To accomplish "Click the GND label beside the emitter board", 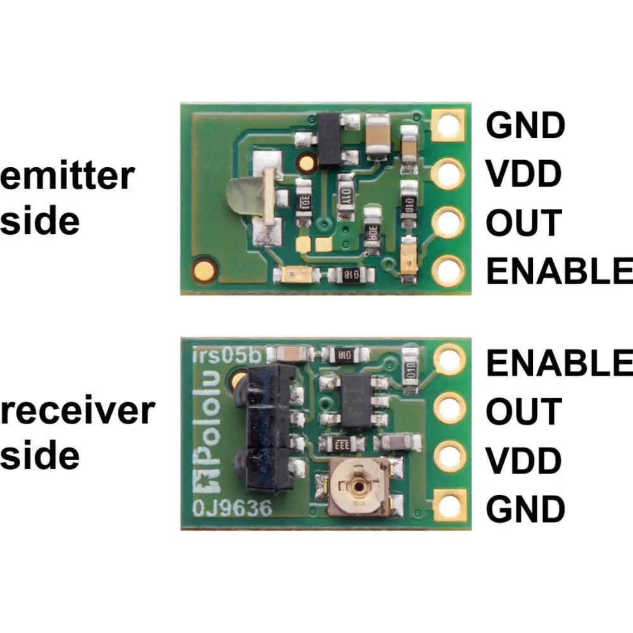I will (x=525, y=125).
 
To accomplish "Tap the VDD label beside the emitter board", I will (x=523, y=173).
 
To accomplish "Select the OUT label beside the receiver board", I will (x=523, y=411).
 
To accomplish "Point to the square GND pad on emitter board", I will (x=449, y=125).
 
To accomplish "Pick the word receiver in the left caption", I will (x=77, y=411).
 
